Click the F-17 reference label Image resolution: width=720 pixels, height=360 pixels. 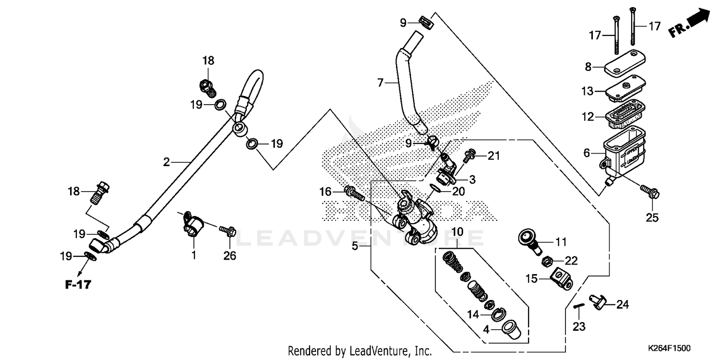[78, 285]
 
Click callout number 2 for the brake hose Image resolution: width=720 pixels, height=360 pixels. [166, 162]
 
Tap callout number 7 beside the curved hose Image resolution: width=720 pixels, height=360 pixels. [380, 83]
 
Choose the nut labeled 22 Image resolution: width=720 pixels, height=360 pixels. [546, 262]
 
